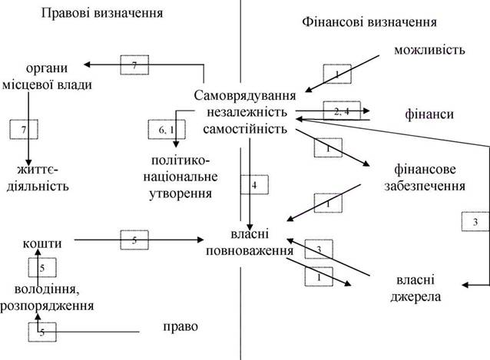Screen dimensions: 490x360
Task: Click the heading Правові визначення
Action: (102, 13)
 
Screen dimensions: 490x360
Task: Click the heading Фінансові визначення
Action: (369, 22)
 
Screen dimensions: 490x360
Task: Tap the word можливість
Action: (429, 50)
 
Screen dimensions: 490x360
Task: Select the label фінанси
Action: (429, 114)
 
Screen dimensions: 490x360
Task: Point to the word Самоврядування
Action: (245, 95)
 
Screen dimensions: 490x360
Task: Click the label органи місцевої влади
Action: (47, 77)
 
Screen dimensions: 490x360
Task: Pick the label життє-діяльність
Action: (38, 178)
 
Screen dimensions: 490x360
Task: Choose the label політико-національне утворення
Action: (180, 177)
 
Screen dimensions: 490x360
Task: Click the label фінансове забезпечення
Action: (425, 177)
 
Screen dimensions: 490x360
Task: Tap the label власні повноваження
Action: (250, 243)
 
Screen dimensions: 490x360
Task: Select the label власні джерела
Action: (416, 288)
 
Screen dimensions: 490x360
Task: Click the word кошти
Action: (42, 243)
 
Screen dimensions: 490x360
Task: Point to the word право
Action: (180, 327)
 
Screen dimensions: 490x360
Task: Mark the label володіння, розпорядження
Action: (47, 297)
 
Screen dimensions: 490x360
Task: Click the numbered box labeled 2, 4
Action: (342, 111)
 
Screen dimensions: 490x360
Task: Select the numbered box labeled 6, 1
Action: (167, 130)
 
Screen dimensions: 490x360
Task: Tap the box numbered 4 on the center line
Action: (254, 185)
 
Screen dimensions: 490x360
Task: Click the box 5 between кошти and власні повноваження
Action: (134, 240)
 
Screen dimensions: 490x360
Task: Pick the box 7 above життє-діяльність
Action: (24, 130)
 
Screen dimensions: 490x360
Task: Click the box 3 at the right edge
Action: (475, 222)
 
